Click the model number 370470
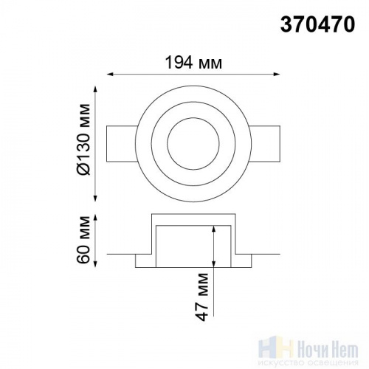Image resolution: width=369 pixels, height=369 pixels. pyautogui.click(x=317, y=24)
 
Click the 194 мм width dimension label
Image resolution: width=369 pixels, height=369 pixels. pyautogui.click(x=193, y=63)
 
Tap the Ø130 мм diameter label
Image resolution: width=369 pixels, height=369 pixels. pyautogui.click(x=83, y=139)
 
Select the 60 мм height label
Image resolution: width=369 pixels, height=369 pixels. pyautogui.click(x=83, y=240)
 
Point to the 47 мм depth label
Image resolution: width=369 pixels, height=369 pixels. pyautogui.click(x=203, y=297)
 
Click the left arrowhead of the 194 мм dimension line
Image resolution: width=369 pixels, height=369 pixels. pyautogui.click(x=110, y=74)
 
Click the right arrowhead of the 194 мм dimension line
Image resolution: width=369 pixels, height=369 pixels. pyautogui.click(x=277, y=74)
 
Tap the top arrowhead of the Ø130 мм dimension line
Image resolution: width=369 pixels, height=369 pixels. pyautogui.click(x=96, y=89)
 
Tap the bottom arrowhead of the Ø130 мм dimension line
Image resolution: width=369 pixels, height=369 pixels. pyautogui.click(x=96, y=199)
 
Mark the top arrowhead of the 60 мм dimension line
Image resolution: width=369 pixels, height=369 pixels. pyautogui.click(x=96, y=218)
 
